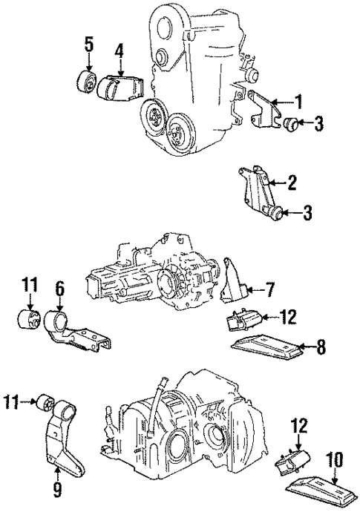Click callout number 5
tap(89, 45)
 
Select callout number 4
tap(119, 51)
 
